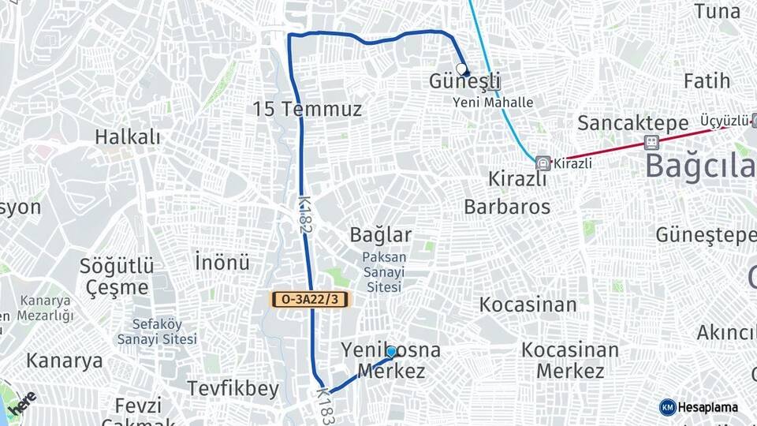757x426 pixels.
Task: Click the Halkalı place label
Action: pos(128,136)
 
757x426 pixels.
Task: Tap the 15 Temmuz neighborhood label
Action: pos(307,109)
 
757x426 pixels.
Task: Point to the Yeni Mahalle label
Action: pos(493,103)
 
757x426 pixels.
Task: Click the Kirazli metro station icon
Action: pos(543,163)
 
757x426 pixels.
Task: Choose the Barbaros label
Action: pos(507,207)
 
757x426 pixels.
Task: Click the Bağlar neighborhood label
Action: pos(381,234)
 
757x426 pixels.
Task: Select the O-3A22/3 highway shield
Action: pos(309,299)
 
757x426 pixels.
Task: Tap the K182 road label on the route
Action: pos(304,215)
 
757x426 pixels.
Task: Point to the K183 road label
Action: pos(326,405)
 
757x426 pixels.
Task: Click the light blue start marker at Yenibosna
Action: pos(391,351)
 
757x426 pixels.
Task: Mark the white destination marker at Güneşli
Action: pos(461,69)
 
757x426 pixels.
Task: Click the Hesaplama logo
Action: pos(699,407)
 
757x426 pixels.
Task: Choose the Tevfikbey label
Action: pos(233,388)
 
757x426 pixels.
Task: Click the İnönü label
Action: pos(222,261)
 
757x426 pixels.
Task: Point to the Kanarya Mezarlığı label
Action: pos(47,308)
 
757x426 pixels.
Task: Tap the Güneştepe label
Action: pos(706,235)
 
